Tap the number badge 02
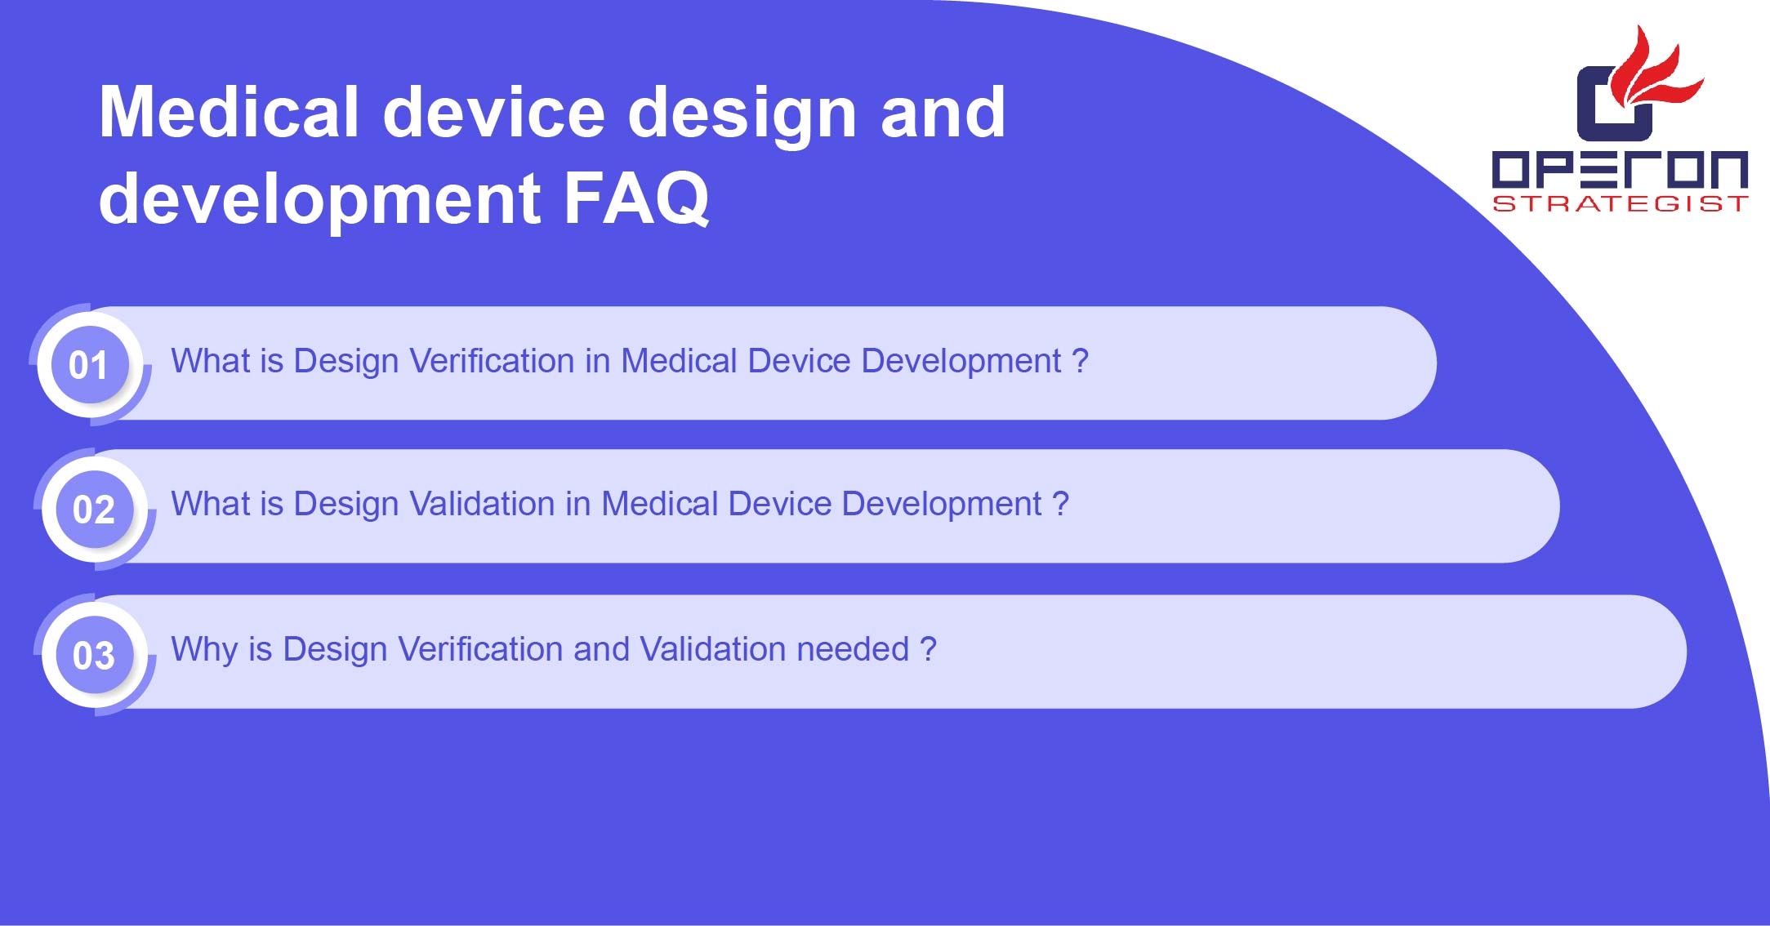click(x=94, y=509)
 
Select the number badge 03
click(x=94, y=654)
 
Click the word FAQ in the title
click(x=636, y=198)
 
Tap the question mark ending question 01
click(x=1080, y=361)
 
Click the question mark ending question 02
click(x=1060, y=504)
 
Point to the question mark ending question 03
click(x=928, y=649)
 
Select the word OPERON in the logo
click(x=1620, y=169)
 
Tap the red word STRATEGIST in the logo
click(x=1620, y=203)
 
